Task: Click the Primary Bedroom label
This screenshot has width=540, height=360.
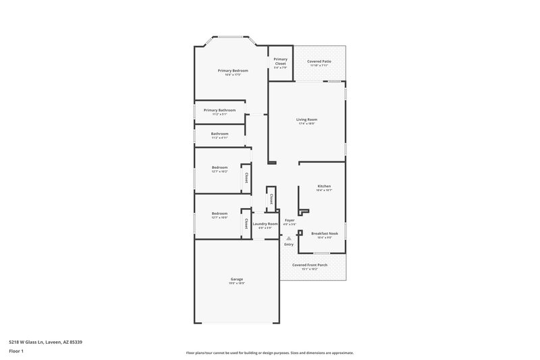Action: click(232, 70)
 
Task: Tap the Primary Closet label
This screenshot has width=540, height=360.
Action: click(280, 59)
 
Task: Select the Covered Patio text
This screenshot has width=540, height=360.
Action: click(319, 61)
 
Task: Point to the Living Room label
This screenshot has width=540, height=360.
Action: click(306, 120)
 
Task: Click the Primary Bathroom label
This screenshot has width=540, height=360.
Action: click(219, 109)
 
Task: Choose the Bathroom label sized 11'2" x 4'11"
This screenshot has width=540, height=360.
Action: click(219, 134)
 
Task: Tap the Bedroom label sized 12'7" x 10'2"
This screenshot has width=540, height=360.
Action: click(219, 167)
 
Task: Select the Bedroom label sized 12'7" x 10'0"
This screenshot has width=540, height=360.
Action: click(219, 213)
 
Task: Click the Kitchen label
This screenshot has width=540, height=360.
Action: click(324, 186)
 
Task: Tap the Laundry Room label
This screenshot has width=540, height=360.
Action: click(265, 224)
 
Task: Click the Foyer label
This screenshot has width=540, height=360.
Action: click(290, 220)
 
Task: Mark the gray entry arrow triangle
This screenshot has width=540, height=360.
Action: click(289, 238)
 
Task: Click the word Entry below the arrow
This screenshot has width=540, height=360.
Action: click(289, 244)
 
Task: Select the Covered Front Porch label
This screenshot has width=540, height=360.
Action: click(310, 265)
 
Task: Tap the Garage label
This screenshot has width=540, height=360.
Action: click(236, 279)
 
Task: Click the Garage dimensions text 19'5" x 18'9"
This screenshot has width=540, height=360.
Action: click(236, 284)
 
